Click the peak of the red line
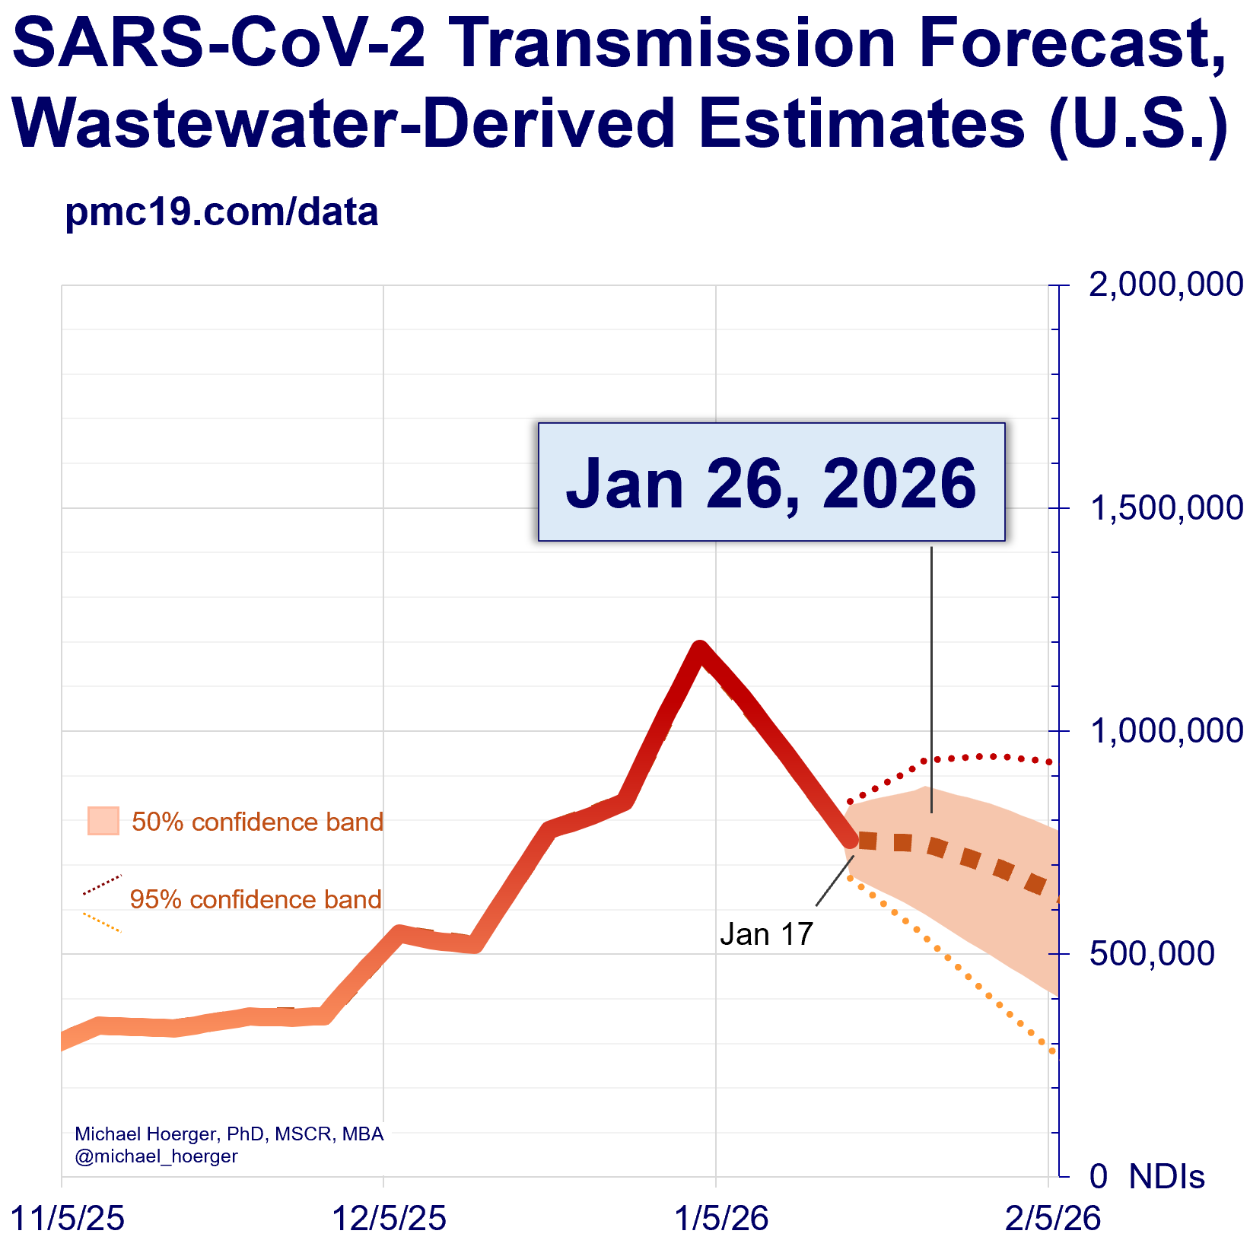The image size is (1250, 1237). [x=699, y=648]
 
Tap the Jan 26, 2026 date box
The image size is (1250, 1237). [x=771, y=482]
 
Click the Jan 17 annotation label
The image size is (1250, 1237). [x=766, y=934]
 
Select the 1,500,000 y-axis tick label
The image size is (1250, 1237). [x=1166, y=507]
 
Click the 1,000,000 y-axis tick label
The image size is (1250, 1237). [x=1166, y=730]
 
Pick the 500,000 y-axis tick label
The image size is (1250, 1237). [x=1152, y=953]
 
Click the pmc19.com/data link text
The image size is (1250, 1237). [x=221, y=212]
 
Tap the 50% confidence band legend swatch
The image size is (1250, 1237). [x=103, y=821]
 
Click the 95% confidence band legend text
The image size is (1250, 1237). [x=256, y=899]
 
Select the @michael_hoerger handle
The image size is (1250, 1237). [x=156, y=1156]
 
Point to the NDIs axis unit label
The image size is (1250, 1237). [x=1166, y=1177]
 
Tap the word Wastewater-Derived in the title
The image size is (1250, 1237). [x=344, y=123]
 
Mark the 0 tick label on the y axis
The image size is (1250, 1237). [x=1098, y=1177]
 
